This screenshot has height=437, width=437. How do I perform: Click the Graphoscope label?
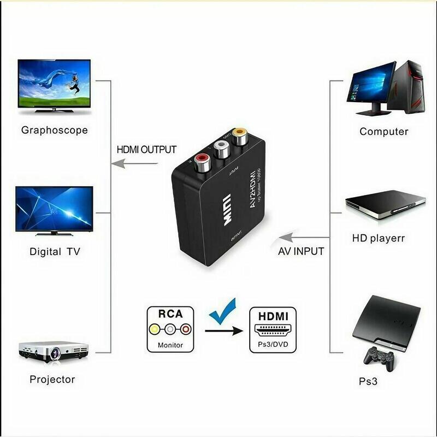pos(54,130)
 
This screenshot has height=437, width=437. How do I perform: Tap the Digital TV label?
pos(55,252)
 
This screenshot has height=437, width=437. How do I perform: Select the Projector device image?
pos(54,351)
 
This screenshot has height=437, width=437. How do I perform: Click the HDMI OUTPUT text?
pos(147,149)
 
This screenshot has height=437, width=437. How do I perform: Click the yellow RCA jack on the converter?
pos(239,134)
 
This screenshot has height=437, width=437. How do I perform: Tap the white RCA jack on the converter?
pos(221,147)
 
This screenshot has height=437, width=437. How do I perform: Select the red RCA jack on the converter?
pos(199,162)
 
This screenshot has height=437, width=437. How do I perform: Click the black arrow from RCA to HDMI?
pos(223,330)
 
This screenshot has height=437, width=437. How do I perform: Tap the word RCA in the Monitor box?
pos(170,314)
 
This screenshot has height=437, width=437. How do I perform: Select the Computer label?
pos(383,132)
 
